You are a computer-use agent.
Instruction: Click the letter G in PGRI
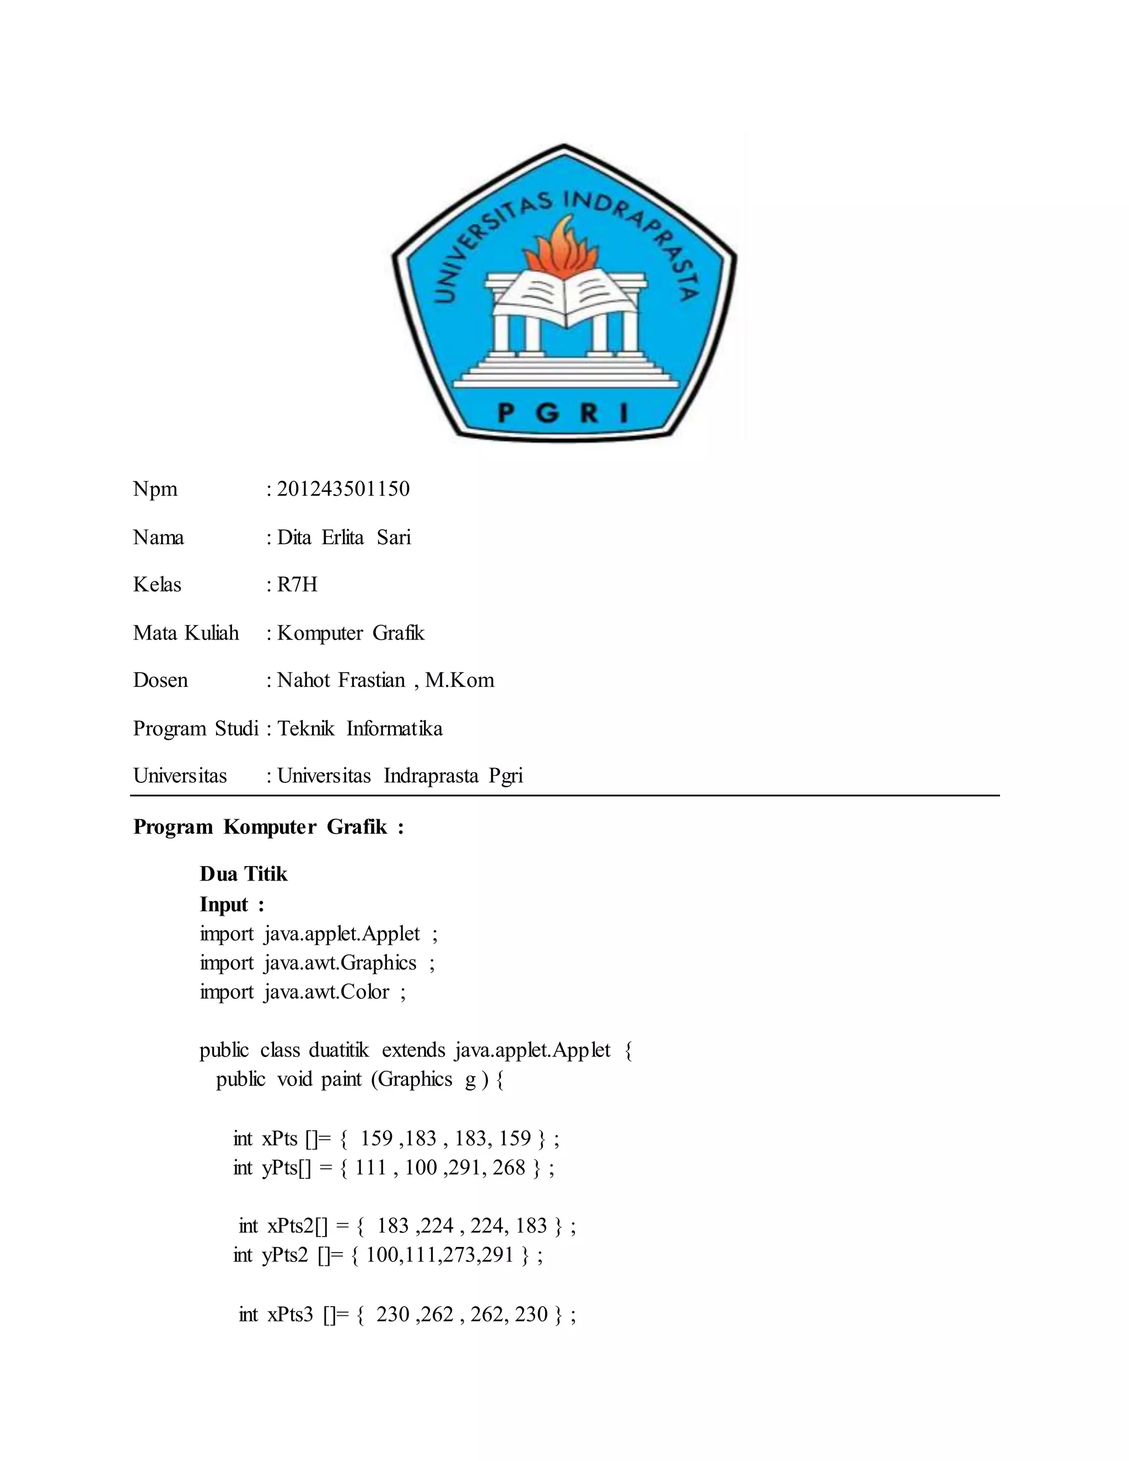tap(547, 413)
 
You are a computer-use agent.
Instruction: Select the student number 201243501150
tap(343, 489)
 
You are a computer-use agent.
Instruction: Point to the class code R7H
tap(297, 584)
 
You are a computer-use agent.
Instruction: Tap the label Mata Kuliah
tap(185, 633)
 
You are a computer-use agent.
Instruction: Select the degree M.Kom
tap(460, 680)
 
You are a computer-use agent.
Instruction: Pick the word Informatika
tap(394, 728)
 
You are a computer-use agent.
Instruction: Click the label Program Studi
tap(195, 728)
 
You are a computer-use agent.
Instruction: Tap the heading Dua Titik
tap(244, 874)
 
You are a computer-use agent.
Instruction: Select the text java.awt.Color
tap(326, 991)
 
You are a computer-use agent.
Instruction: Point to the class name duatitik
tap(338, 1050)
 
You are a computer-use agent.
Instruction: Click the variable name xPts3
tap(291, 1314)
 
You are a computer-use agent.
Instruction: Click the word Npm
tap(155, 489)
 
